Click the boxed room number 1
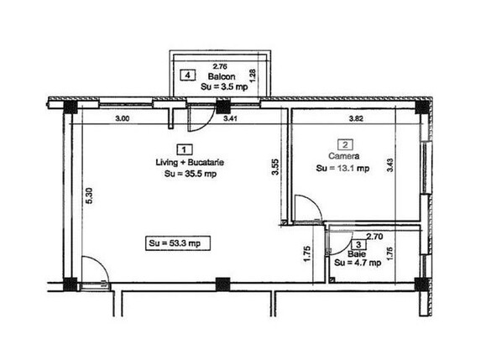tap(184, 150)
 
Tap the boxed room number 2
tap(345, 144)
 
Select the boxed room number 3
tap(358, 245)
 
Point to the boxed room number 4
tap(187, 76)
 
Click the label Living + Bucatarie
tap(190, 162)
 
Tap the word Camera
tap(344, 156)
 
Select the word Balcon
tap(222, 76)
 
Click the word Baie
tap(357, 254)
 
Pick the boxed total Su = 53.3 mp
tap(178, 243)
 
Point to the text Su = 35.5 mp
tap(191, 174)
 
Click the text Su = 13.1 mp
tap(342, 168)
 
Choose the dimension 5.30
tap(89, 196)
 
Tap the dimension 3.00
tap(123, 118)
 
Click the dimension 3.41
tap(230, 118)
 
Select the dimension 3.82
tap(356, 118)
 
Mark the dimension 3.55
tap(275, 167)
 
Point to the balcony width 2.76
tap(220, 66)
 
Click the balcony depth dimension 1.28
tap(253, 76)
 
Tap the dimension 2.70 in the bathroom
tap(374, 237)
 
